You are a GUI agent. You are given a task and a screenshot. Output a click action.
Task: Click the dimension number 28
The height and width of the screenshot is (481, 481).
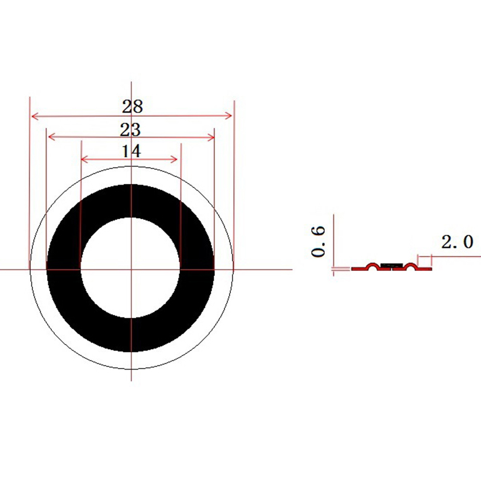coord(132,107)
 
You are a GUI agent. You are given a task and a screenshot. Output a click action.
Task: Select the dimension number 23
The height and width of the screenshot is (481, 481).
coord(131,130)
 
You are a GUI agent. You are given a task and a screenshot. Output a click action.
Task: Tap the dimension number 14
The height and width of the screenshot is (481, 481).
coord(132,151)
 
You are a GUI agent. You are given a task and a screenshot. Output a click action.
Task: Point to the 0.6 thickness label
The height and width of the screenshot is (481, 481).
coord(318,241)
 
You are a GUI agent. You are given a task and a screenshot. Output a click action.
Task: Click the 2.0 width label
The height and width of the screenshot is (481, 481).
coord(457,241)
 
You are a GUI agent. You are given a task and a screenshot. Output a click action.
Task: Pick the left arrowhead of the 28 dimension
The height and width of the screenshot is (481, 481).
coord(35,116)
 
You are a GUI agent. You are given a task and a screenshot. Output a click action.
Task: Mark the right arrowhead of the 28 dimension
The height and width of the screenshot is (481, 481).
coord(228,116)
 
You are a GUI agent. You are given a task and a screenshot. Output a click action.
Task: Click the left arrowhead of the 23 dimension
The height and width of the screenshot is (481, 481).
coord(52,137)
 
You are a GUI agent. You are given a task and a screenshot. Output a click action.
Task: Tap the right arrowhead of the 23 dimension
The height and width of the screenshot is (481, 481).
coord(211,137)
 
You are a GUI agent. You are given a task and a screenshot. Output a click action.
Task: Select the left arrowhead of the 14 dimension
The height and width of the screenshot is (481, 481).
coord(84,159)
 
